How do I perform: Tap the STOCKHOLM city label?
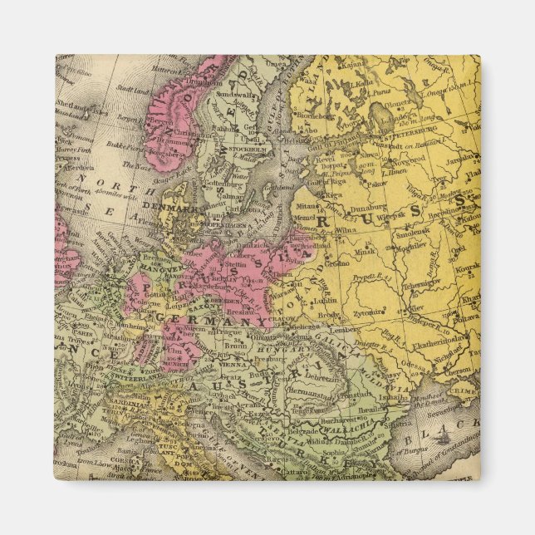coord(247,150)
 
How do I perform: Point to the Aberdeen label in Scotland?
coord(75,167)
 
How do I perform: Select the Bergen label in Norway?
coord(164,119)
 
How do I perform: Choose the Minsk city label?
coord(365,250)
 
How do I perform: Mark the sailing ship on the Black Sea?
coord(447,435)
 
